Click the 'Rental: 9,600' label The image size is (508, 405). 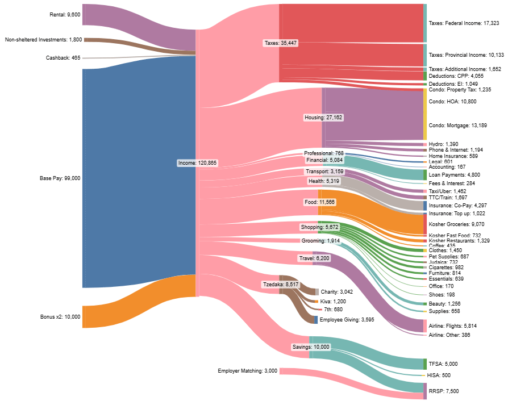pyautogui.click(x=65, y=14)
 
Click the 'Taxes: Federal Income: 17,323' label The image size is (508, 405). pyautogui.click(x=464, y=23)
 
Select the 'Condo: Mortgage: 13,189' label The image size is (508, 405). pyautogui.click(x=457, y=125)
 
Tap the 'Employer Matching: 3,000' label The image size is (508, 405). pyautogui.click(x=247, y=371)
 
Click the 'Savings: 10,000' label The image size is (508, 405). pyautogui.click(x=310, y=346)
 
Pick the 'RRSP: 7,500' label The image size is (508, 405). pyautogui.click(x=443, y=391)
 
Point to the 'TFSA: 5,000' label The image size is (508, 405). pyautogui.click(x=443, y=364)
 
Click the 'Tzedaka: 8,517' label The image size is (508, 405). pyautogui.click(x=280, y=284)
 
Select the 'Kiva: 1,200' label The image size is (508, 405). pyautogui.click(x=333, y=301)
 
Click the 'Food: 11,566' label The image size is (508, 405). pyautogui.click(x=319, y=202)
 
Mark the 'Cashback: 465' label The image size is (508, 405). pyautogui.click(x=63, y=58)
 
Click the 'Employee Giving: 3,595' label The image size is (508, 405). pyautogui.click(x=347, y=320)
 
